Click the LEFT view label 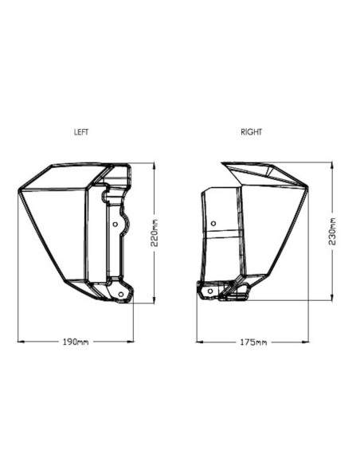81,132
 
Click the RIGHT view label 251,132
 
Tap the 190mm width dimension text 76,342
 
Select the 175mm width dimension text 253,342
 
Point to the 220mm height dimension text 155,232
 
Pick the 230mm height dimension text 331,230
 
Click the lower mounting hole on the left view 121,295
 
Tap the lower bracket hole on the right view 210,291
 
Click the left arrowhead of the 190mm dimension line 20,342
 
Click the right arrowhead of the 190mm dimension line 131,342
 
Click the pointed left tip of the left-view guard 19,189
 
